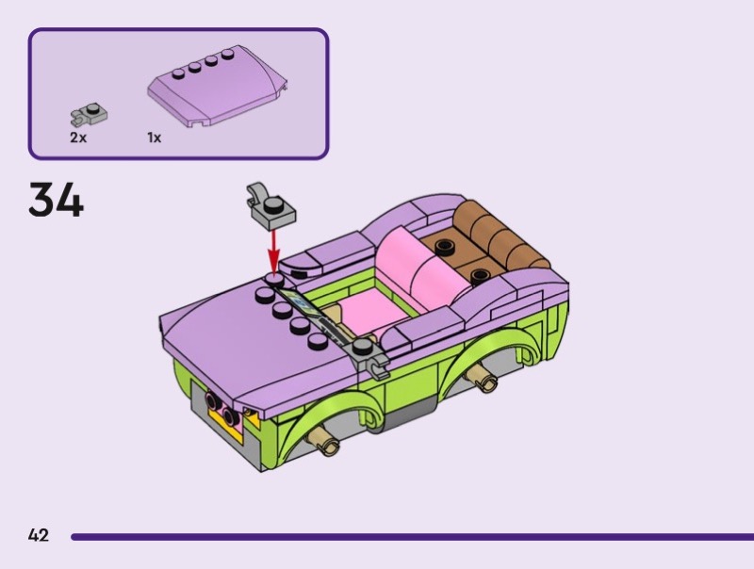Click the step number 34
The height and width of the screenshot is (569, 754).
point(56,200)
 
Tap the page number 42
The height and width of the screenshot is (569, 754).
point(39,535)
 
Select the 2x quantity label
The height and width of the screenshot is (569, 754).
point(78,138)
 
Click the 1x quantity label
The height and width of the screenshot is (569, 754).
point(155,138)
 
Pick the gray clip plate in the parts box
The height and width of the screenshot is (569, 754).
point(90,114)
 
